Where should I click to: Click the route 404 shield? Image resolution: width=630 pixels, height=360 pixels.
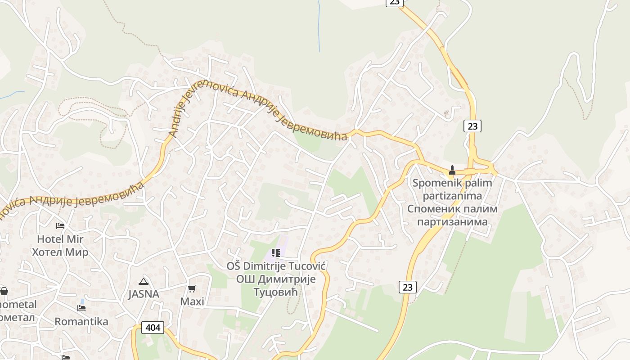point(153,328)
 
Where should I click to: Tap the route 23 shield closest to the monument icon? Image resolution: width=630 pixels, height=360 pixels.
point(472,126)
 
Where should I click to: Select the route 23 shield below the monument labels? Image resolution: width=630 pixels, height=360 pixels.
point(407,287)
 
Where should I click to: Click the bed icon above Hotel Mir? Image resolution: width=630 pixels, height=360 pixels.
point(60,225)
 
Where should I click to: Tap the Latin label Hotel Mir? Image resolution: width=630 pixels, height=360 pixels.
point(60,239)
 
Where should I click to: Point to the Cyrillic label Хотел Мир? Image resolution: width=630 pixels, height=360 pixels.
point(60,252)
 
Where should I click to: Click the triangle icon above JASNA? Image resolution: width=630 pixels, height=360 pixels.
point(144,282)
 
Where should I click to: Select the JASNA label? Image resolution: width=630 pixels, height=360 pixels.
point(144,294)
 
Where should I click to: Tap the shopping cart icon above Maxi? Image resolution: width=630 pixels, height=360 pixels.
point(192,288)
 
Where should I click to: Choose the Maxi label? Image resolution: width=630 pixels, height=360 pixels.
point(192,301)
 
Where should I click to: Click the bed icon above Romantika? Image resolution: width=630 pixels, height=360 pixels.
point(81,308)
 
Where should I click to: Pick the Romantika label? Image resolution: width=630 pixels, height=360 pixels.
point(81,322)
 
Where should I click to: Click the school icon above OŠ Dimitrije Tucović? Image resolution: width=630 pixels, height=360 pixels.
point(276,253)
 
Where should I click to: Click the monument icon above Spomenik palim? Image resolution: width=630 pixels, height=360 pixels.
point(452,170)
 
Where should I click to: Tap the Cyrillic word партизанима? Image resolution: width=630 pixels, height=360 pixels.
point(452,222)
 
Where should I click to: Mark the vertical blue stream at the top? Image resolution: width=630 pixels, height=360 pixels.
point(319,25)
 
